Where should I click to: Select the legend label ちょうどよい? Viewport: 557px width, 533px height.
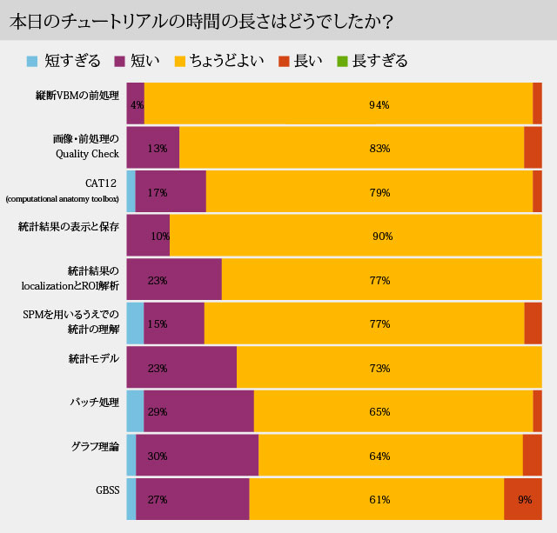(x=221, y=61)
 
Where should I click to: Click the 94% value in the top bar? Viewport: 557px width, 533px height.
(x=379, y=104)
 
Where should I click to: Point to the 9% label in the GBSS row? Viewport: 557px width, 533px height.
(x=525, y=500)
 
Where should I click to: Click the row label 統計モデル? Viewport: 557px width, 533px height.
(x=93, y=358)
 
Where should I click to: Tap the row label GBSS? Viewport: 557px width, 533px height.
(x=107, y=490)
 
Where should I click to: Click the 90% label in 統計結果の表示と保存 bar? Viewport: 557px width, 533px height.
(x=383, y=237)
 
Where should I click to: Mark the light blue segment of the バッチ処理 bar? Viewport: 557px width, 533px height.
(x=135, y=411)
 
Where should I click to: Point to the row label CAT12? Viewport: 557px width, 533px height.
(x=102, y=183)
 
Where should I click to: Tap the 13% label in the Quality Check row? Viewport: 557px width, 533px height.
(x=158, y=149)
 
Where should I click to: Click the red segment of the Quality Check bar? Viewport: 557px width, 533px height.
(x=533, y=148)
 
